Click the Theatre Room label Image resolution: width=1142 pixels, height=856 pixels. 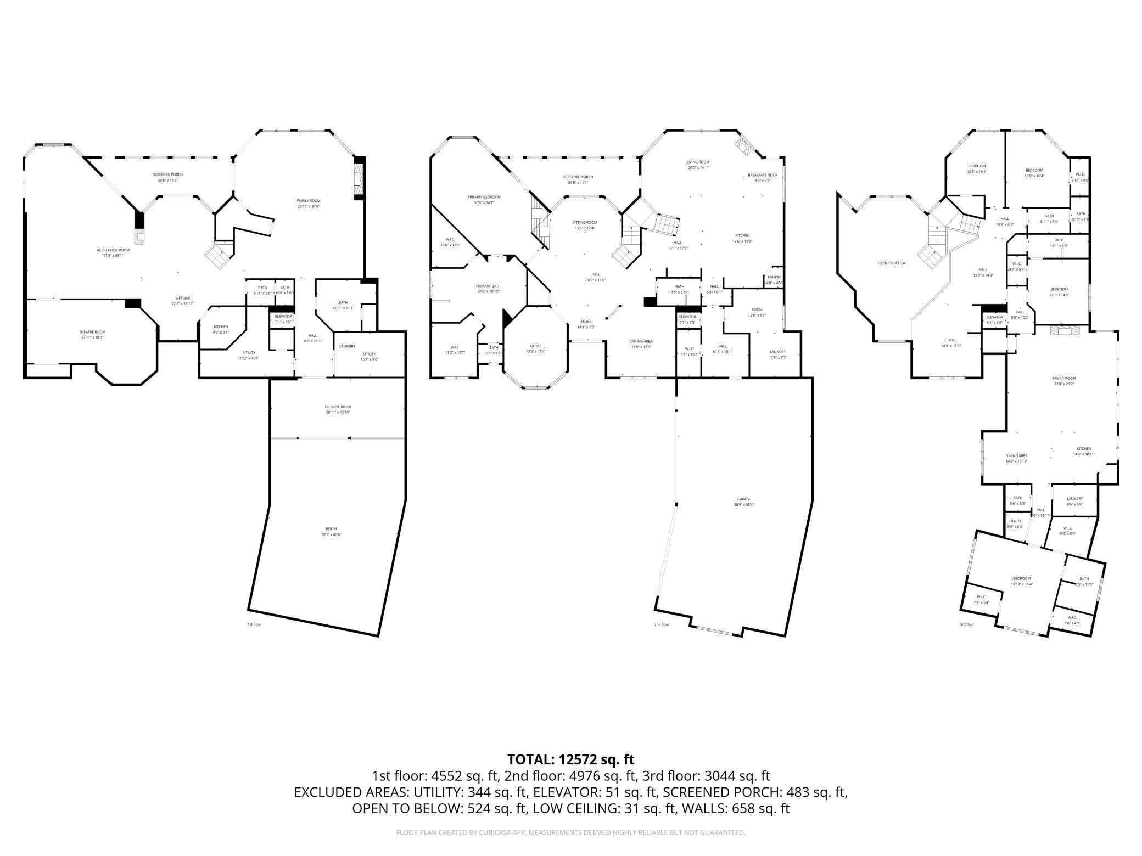pyautogui.click(x=92, y=332)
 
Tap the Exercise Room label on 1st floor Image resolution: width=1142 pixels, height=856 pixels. pyautogui.click(x=338, y=407)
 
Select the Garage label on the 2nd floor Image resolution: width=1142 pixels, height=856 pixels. pyautogui.click(x=744, y=499)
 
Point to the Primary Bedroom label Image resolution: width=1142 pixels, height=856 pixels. pyautogui.click(x=484, y=197)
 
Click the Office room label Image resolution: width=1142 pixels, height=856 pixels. pyautogui.click(x=536, y=346)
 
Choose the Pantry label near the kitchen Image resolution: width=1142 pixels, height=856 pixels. pyautogui.click(x=774, y=278)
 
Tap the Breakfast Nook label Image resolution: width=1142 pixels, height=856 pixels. pyautogui.click(x=763, y=175)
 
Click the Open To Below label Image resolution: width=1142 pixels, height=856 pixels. pyautogui.click(x=891, y=263)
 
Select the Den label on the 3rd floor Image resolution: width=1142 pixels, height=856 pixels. pyautogui.click(x=951, y=340)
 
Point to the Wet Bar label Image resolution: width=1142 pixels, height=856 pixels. pyautogui.click(x=182, y=298)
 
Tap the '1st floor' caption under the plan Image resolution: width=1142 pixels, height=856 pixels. pyautogui.click(x=254, y=624)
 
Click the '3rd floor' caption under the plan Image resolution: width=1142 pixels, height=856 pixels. pyautogui.click(x=966, y=624)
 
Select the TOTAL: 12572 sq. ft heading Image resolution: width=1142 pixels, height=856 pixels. pyautogui.click(x=570, y=759)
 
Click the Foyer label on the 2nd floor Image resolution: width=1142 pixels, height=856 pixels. pyautogui.click(x=586, y=322)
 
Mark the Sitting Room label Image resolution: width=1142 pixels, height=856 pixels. pyautogui.click(x=585, y=223)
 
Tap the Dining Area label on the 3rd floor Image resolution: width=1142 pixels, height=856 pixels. pyautogui.click(x=1016, y=456)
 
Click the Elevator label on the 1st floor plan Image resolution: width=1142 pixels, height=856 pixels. pyautogui.click(x=283, y=317)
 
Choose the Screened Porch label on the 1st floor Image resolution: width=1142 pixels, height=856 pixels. pyautogui.click(x=167, y=174)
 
